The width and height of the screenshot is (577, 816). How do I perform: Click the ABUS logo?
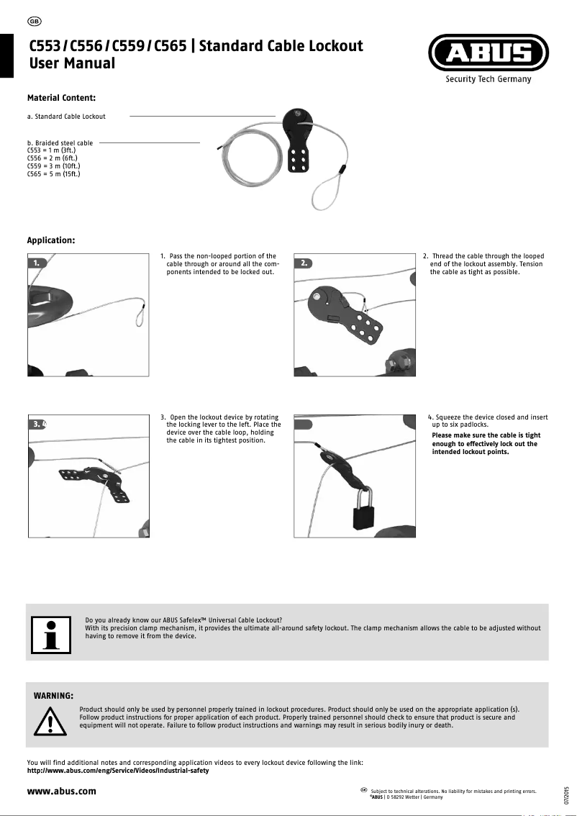[x=489, y=53]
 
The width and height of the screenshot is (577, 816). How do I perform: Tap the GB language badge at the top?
[x=34, y=19]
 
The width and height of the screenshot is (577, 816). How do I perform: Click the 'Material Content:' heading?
[x=62, y=97]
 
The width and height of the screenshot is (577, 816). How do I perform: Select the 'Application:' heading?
[x=51, y=240]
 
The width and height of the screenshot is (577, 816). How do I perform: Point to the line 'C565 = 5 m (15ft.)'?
[x=53, y=173]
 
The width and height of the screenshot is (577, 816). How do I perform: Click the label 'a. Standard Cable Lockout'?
[x=66, y=117]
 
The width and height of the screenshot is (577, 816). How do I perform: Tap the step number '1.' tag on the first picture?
[x=37, y=263]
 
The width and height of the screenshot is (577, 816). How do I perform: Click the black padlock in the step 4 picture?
[x=361, y=516]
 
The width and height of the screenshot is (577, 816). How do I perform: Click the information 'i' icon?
[x=50, y=633]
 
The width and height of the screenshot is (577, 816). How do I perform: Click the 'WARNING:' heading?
[x=54, y=696]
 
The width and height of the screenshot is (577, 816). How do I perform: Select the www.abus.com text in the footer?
[x=61, y=791]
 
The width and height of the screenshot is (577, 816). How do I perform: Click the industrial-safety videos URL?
[x=117, y=771]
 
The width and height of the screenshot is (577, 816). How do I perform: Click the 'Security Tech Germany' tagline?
[x=489, y=79]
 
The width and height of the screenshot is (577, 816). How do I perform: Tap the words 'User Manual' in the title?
[x=72, y=63]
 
